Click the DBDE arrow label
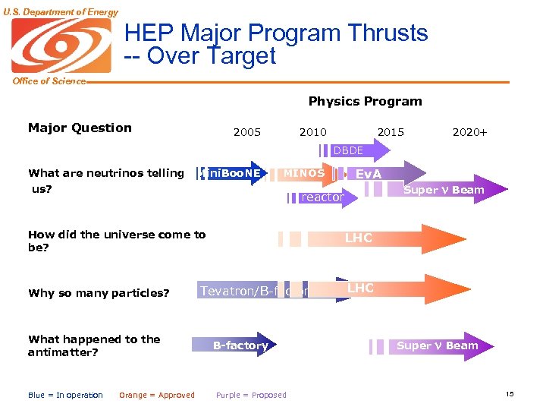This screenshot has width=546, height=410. tap(348, 150)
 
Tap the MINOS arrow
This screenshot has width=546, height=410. tap(304, 173)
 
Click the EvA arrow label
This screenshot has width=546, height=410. tap(369, 174)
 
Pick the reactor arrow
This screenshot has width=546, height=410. tap(322, 197)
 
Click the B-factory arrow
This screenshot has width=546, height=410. tap(240, 345)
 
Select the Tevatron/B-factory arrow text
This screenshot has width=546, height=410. tap(254, 291)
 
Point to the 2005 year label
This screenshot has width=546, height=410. tap(247, 132)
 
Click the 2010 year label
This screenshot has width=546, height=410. tap(313, 132)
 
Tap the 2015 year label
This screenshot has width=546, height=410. tap(391, 132)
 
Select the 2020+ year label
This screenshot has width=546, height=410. tap(469, 132)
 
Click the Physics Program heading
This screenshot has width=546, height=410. tap(365, 101)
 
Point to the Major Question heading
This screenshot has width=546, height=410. tap(80, 128)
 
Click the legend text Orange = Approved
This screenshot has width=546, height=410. tap(157, 395)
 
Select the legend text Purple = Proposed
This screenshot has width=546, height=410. tap(251, 395)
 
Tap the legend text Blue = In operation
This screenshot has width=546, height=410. tap(65, 395)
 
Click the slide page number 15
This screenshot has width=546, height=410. tap(510, 393)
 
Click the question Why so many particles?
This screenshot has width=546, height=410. tap(99, 293)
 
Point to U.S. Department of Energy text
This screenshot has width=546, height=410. tap(60, 11)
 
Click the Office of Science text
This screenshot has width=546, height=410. tap(49, 81)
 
